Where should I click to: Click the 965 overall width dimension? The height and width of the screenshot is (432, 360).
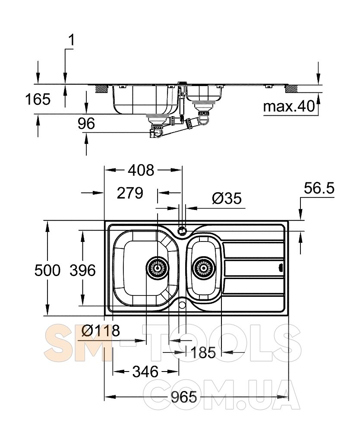point(184,397)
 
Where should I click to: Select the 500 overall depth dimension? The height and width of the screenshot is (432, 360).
point(47,270)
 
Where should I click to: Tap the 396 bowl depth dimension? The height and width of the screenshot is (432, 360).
point(82,270)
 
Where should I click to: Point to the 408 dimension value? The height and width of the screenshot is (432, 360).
point(141,170)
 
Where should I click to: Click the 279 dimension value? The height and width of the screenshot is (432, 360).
point(130,193)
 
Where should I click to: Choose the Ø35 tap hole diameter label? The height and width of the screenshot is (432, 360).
point(227,198)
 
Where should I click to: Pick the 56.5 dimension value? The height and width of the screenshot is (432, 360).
point(319,188)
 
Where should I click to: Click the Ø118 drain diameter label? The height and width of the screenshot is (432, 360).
point(101,330)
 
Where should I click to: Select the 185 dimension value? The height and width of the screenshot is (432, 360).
point(203,353)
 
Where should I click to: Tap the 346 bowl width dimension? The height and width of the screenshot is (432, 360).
point(145,372)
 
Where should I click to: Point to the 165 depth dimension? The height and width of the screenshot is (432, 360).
point(38,99)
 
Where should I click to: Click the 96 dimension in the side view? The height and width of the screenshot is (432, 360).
point(86,124)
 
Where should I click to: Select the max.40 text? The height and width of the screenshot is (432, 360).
point(289,106)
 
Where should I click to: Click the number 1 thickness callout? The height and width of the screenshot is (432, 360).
point(71,40)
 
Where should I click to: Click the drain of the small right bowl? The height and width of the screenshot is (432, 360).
point(204,268)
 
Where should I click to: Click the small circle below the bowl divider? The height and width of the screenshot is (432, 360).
point(182,305)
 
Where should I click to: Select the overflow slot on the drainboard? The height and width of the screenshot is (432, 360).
point(281,267)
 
